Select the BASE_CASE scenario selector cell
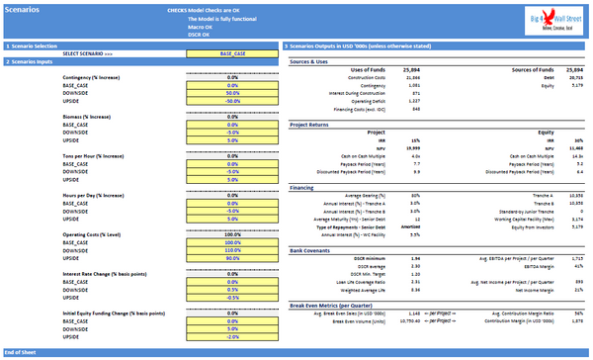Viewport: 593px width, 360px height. pos(233,53)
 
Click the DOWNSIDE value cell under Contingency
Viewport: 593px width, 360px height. pos(233,92)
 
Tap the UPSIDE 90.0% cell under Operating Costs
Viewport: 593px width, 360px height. pos(233,258)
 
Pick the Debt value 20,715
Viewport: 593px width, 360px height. pos(577,78)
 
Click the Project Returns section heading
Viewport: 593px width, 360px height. pos(311,126)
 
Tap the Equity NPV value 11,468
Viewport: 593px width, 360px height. pos(576,147)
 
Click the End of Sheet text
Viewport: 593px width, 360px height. pos(22,352)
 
